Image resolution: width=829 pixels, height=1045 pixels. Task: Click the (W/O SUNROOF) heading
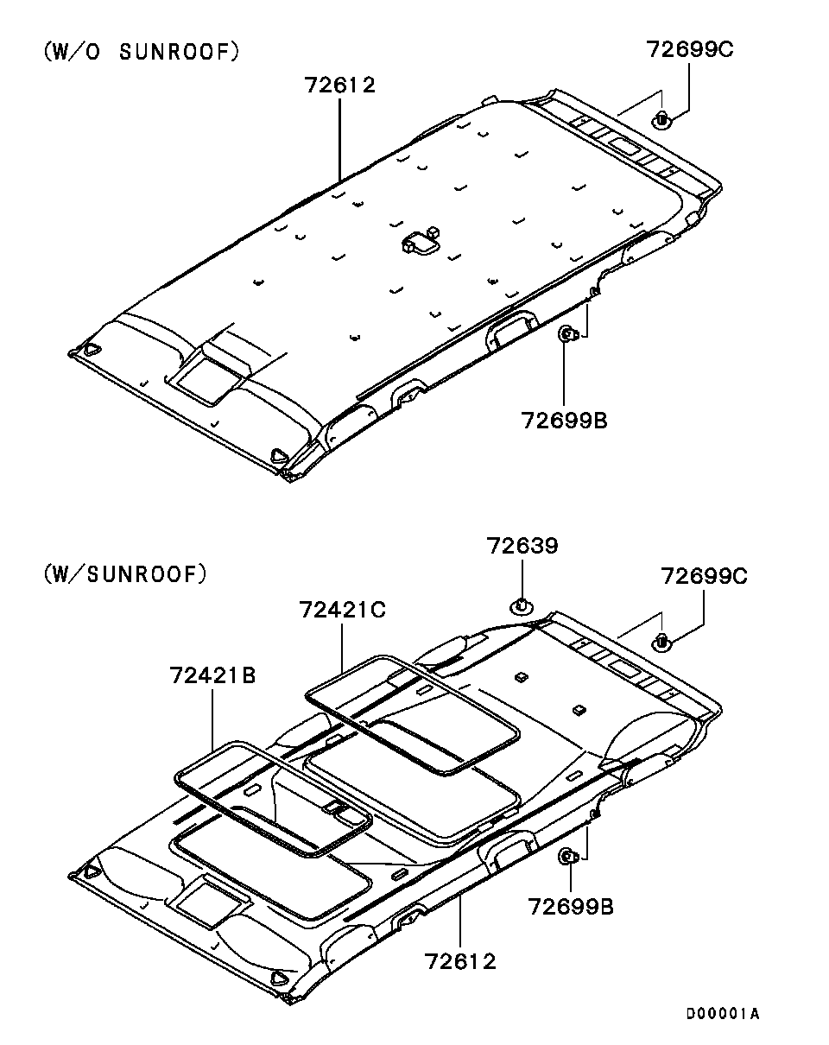click(142, 52)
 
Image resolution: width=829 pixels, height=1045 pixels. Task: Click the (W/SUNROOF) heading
click(125, 574)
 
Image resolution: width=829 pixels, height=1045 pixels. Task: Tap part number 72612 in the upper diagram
click(340, 85)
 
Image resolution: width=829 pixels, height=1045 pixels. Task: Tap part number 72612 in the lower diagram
click(460, 961)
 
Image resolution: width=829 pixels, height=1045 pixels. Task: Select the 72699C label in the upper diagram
click(690, 49)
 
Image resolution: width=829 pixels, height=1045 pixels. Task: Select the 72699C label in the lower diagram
click(704, 576)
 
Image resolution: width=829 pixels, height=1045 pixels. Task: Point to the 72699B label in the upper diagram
click(564, 421)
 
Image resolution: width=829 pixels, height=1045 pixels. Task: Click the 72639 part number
click(522, 546)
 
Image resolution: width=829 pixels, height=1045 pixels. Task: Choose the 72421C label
click(342, 610)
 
